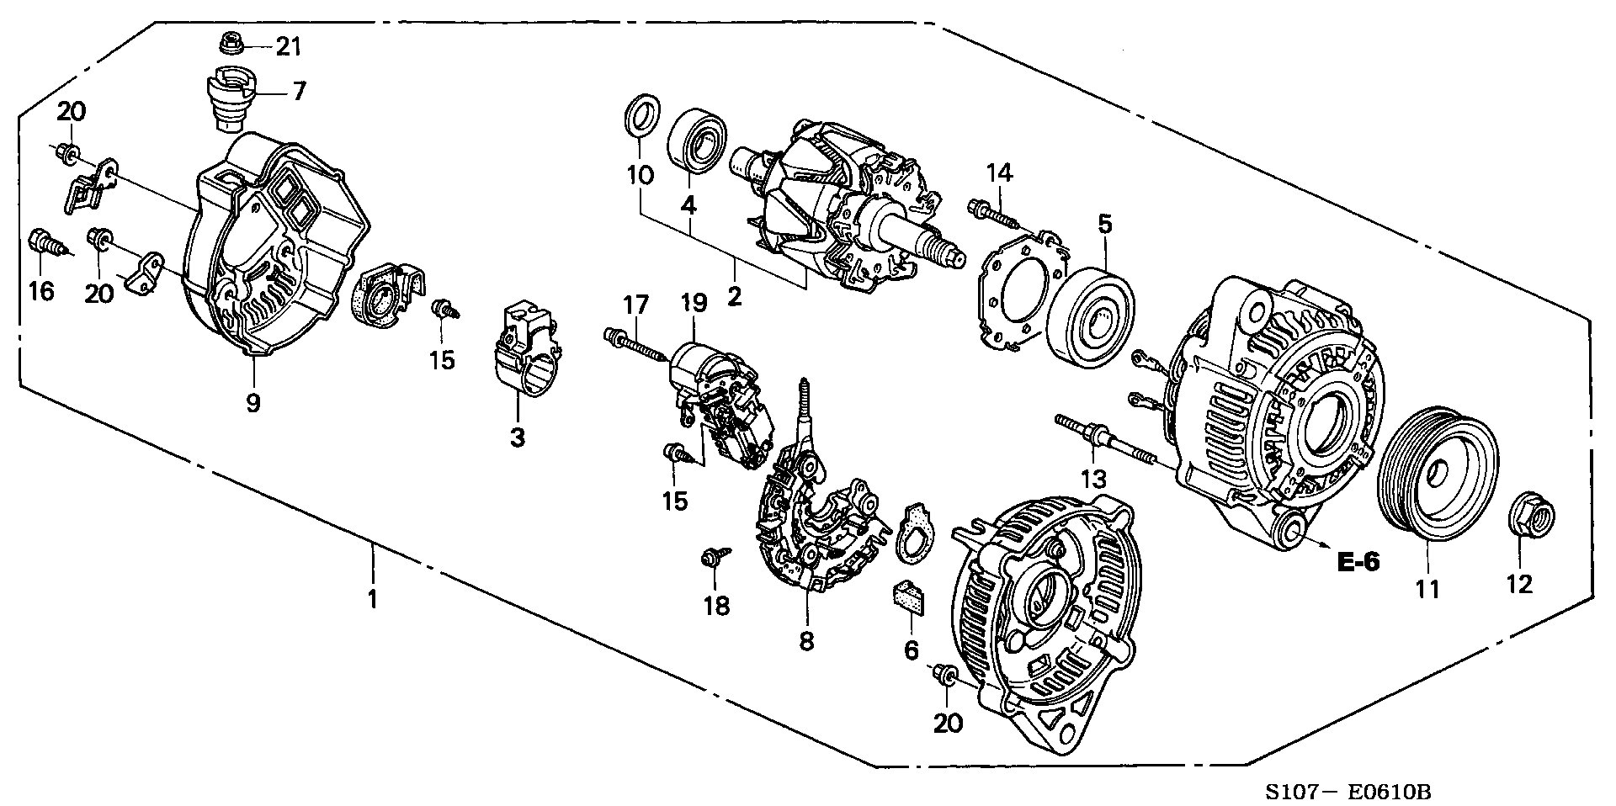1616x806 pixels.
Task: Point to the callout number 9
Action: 253,403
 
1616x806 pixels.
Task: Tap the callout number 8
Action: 806,642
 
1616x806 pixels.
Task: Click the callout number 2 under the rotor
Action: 735,296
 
